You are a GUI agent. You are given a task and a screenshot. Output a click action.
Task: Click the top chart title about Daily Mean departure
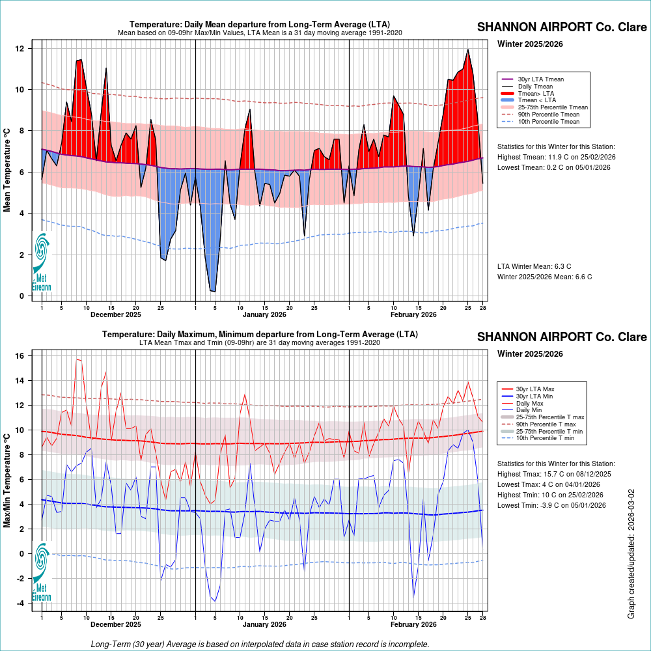(260, 25)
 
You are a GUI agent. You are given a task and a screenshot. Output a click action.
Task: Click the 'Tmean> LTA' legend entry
(535, 93)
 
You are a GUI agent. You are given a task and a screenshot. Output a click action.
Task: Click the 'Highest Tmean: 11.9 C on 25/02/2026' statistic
(556, 157)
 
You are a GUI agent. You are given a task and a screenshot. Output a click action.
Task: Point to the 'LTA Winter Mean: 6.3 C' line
(534, 266)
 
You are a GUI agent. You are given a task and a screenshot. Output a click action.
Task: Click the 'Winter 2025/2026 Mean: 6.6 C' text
(544, 277)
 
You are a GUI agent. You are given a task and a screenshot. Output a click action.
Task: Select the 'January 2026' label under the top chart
(264, 314)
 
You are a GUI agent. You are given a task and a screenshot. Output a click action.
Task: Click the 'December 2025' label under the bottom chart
(116, 624)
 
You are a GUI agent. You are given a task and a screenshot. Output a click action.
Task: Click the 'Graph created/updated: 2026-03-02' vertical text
(631, 554)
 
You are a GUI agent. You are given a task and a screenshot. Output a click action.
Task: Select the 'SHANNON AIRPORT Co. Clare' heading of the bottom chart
(562, 337)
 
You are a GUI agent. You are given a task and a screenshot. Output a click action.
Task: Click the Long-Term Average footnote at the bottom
(260, 644)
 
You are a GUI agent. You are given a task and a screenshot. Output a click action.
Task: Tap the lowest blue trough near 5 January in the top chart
(213, 291)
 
